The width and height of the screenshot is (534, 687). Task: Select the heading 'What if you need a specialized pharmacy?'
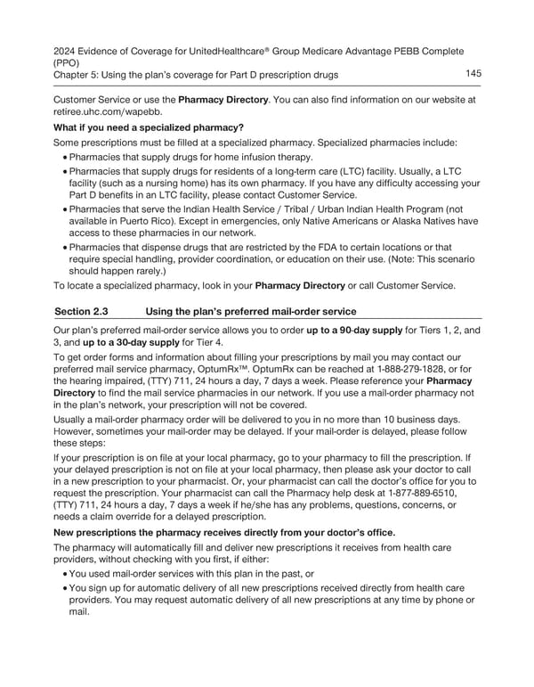pyautogui.click(x=149, y=127)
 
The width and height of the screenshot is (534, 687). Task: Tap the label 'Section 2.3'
pyautogui.click(x=84, y=311)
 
